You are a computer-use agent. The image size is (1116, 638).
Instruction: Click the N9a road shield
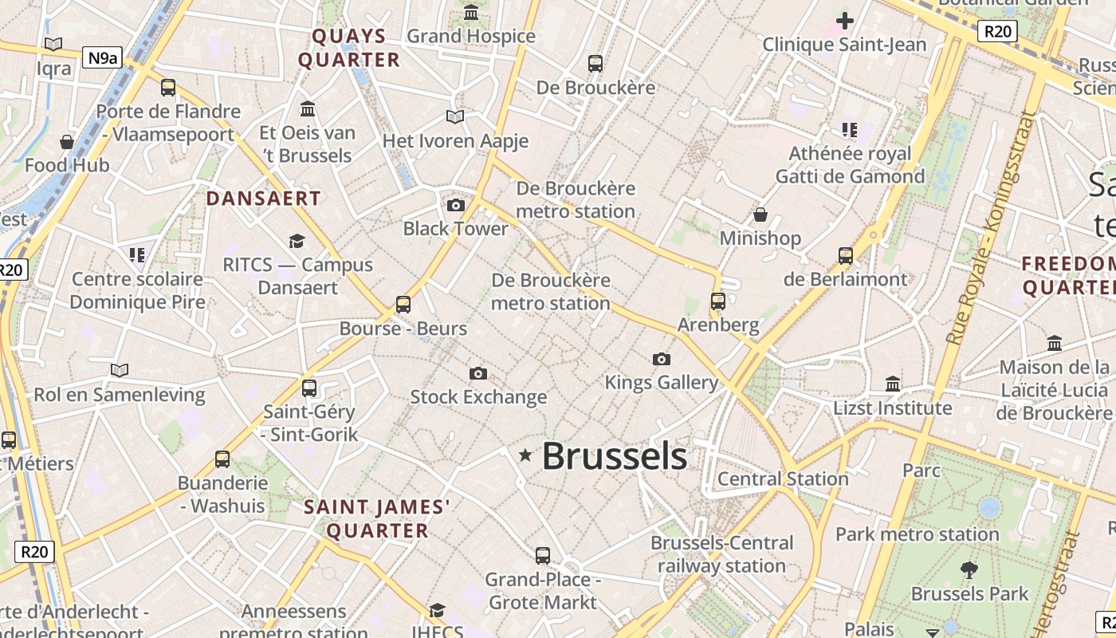coord(103,57)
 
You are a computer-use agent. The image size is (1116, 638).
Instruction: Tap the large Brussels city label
coord(614,457)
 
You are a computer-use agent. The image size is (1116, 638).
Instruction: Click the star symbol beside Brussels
coord(525,455)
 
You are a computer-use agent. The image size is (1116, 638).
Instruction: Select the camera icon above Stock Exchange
coord(477,373)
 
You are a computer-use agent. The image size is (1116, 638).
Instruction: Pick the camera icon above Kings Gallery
coord(661,359)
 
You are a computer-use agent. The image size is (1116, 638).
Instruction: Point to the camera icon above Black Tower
coord(455,205)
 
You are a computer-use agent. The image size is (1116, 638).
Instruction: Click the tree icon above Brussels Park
coord(969,569)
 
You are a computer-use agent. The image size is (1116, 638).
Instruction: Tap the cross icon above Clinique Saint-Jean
coord(844,21)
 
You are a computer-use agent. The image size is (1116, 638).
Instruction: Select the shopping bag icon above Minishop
coord(760,215)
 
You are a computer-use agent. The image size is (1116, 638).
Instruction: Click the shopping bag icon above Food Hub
coord(67,142)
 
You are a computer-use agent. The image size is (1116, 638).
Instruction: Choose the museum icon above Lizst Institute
coord(893,384)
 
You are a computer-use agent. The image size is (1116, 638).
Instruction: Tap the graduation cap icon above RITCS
coord(297,240)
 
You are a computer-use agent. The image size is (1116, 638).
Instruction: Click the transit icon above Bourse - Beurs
coord(403,304)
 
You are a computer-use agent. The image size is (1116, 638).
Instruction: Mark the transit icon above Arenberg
coord(717,301)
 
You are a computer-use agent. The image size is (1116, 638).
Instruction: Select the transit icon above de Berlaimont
coord(845,255)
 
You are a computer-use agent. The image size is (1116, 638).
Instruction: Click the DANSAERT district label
coord(264,199)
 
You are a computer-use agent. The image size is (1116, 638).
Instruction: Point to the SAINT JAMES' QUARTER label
coord(377,518)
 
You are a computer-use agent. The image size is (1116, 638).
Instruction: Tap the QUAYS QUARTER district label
coord(349,48)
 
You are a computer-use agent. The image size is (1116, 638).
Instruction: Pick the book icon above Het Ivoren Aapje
coord(454,117)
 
